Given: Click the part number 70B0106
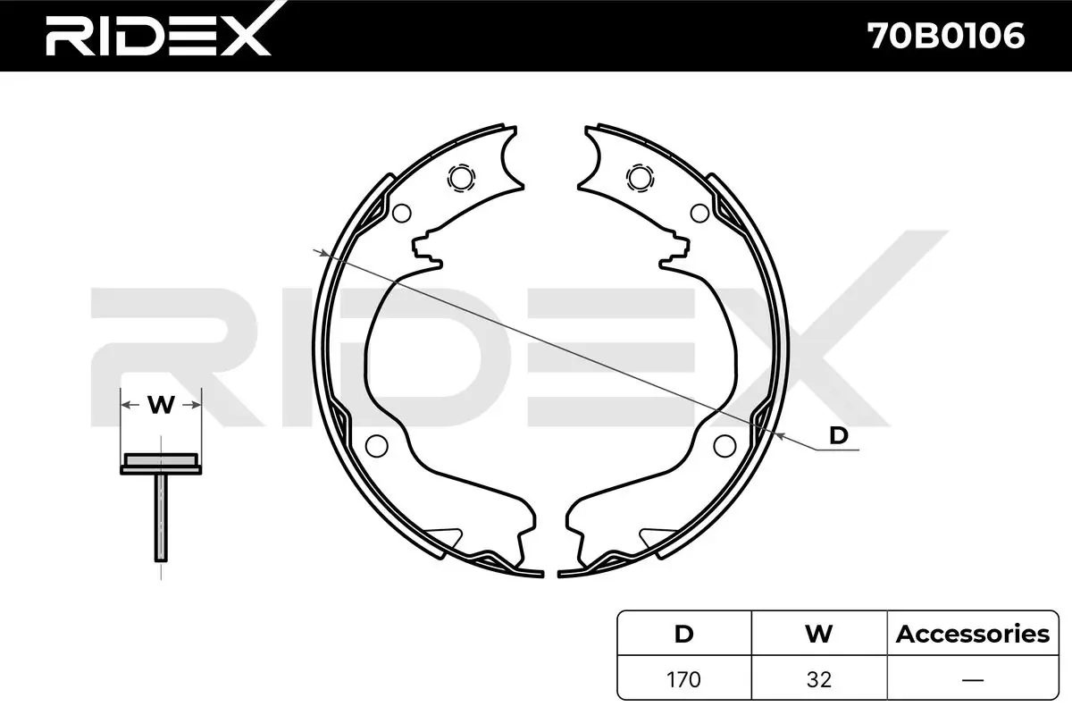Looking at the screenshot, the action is (946, 36).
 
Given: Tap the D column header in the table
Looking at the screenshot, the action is (683, 634).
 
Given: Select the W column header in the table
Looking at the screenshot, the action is (819, 634).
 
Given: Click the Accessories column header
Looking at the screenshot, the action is (973, 634).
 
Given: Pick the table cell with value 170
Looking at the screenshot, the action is (683, 679).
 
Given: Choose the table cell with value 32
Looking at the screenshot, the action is (819, 679).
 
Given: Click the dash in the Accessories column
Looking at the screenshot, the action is (973, 680).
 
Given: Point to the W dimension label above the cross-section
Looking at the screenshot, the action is (161, 405).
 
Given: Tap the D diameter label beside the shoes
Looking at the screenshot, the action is (839, 436).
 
